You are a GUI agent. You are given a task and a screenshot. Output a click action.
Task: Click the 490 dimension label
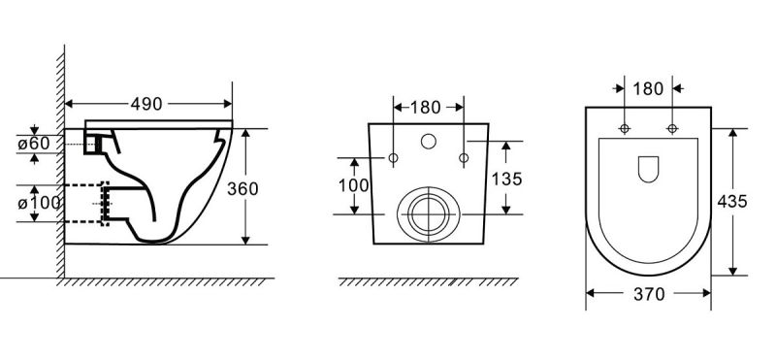(146, 104)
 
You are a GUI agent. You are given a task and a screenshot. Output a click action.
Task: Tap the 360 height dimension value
(242, 188)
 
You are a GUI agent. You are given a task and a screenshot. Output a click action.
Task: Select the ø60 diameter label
(34, 144)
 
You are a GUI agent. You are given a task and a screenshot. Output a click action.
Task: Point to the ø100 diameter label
(39, 203)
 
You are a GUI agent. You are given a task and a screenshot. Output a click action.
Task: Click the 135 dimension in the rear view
(506, 180)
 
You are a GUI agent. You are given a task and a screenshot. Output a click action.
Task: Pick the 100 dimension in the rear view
(353, 185)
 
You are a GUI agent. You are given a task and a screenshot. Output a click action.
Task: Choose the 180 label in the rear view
(426, 107)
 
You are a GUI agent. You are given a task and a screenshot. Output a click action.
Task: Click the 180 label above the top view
(648, 88)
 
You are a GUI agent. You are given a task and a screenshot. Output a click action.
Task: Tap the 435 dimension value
(732, 202)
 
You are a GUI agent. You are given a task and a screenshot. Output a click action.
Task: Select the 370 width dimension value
(649, 295)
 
